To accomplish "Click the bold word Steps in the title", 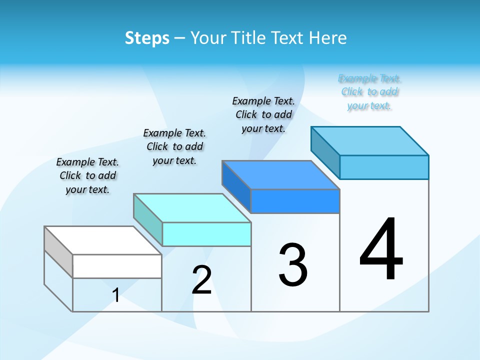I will [147, 38].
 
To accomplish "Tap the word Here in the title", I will [328, 38].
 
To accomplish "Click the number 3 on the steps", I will [293, 265].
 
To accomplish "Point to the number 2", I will [202, 280].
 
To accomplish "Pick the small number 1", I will [116, 295].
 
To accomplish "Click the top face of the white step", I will [103, 240].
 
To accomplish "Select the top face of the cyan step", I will [192, 208].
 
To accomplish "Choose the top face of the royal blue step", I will [281, 175].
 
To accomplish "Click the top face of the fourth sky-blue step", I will [370, 141].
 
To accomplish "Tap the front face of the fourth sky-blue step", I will [384, 167].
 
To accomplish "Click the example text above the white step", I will [87, 175].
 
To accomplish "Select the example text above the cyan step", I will [174, 146].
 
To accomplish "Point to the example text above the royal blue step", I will [263, 114].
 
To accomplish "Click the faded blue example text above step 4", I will [369, 92].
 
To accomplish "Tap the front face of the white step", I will [117, 266].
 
